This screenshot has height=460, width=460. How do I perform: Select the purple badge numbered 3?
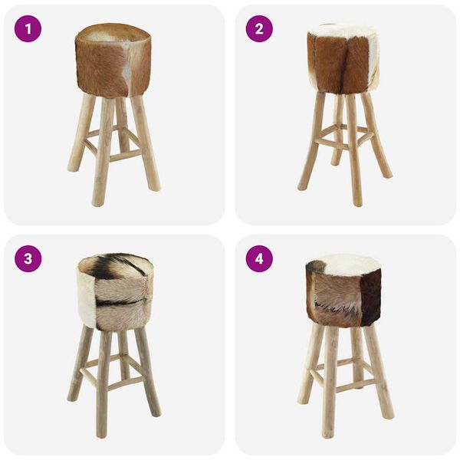(x=28, y=258)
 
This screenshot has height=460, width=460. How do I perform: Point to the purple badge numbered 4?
(x=259, y=258)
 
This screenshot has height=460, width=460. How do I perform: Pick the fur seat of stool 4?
(x=343, y=291)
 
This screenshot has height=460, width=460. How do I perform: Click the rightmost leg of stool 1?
(x=148, y=146)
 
